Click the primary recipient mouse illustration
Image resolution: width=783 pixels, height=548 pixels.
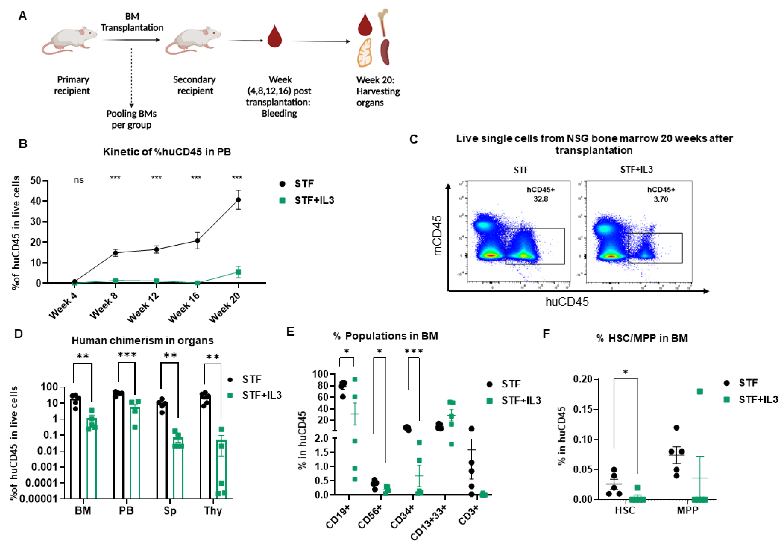(x=70, y=40)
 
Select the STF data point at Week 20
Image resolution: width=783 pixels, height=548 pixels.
(x=238, y=200)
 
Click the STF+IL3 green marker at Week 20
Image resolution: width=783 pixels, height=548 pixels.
(x=238, y=272)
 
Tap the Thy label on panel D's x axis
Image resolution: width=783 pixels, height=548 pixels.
(x=213, y=511)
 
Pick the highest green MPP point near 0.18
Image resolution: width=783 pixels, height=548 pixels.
(x=700, y=391)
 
